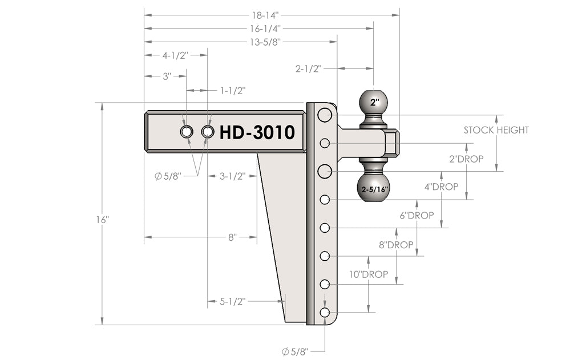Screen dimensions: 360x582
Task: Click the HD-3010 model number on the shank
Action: point(257,132)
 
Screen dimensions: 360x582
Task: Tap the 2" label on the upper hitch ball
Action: point(374,103)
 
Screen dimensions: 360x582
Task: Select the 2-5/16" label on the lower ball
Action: point(374,188)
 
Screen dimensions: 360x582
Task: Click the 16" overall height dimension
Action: point(103,220)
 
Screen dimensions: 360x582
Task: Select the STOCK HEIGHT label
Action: point(496,130)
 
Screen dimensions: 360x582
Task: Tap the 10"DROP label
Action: point(369,274)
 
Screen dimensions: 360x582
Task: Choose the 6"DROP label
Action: point(417,215)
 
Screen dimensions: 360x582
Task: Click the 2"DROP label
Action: point(466,159)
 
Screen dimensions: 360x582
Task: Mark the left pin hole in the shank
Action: point(186,132)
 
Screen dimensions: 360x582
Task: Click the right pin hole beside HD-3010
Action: point(208,132)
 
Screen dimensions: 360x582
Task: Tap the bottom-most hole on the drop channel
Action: point(325,313)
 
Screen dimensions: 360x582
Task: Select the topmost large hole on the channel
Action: point(325,115)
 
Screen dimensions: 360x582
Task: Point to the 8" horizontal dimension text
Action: point(232,237)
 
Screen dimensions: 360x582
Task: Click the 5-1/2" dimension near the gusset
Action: point(232,301)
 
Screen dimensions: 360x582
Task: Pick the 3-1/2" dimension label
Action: point(232,176)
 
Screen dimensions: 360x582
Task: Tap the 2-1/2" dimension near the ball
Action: point(309,68)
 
